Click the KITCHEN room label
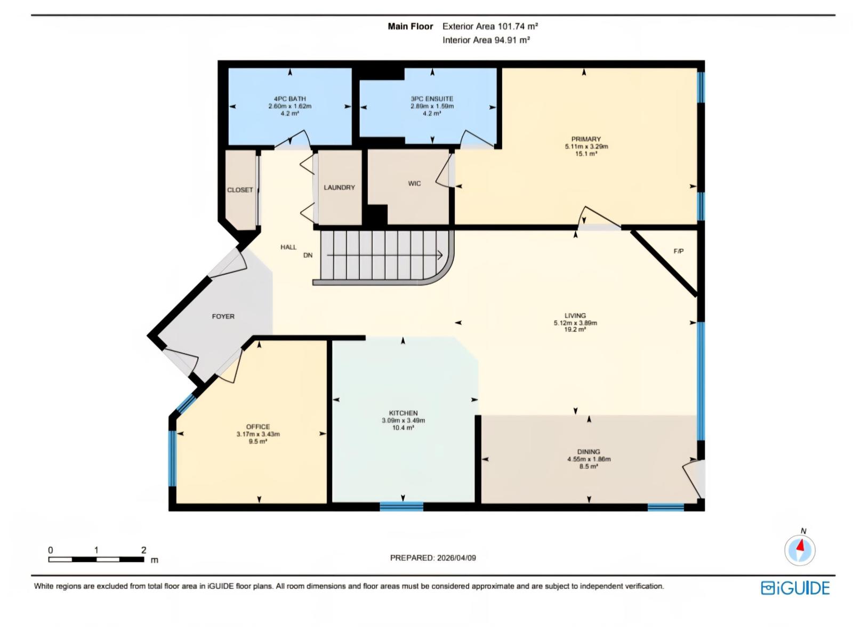point(403,413)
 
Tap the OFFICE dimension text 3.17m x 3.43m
point(258,434)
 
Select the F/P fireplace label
point(678,251)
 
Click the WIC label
point(414,183)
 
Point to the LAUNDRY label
point(339,188)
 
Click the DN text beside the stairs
point(308,255)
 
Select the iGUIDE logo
point(795,588)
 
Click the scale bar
point(96,559)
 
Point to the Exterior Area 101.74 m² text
point(490,26)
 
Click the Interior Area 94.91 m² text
point(486,40)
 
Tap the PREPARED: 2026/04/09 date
point(433,558)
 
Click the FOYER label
point(223,316)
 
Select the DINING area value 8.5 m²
point(589,466)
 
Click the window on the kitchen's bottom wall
point(401,506)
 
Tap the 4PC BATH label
point(289,99)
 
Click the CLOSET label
point(240,190)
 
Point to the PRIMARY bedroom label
point(586,139)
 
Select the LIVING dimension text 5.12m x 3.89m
point(575,323)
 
